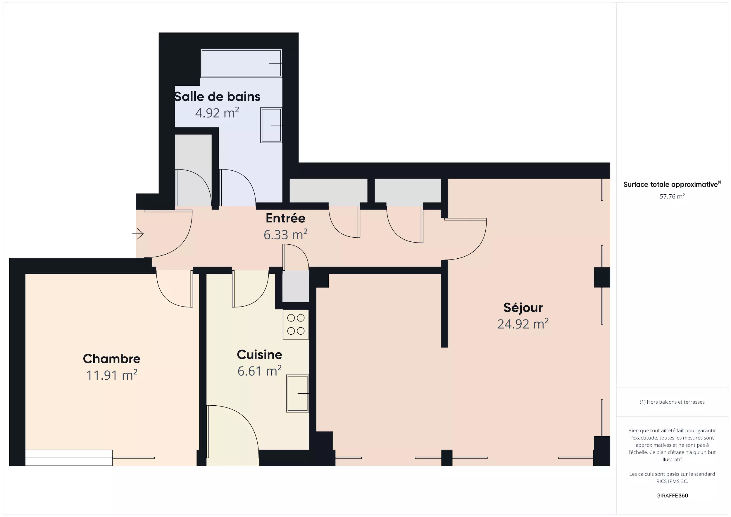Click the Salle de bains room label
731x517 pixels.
[x=217, y=96]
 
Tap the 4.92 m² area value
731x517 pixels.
[x=217, y=113]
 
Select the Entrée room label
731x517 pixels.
[x=285, y=218]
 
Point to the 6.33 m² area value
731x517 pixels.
[x=285, y=235]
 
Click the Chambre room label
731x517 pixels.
[x=111, y=359]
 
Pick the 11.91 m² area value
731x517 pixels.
[x=111, y=375]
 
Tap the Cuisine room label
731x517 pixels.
[x=259, y=355]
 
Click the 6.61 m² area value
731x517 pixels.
[x=259, y=371]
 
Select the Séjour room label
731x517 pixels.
[x=523, y=307]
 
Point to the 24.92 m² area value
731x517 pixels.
[x=523, y=324]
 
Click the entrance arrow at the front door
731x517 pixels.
[x=138, y=234]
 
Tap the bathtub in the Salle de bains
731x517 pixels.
[x=242, y=63]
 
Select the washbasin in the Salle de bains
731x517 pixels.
[x=271, y=125]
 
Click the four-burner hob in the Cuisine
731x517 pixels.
[x=296, y=324]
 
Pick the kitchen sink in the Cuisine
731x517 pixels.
[x=297, y=393]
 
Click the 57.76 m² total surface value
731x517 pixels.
[x=672, y=196]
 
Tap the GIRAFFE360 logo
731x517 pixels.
[x=672, y=495]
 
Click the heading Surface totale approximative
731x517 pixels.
[x=670, y=185]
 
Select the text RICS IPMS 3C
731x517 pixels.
[x=672, y=481]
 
